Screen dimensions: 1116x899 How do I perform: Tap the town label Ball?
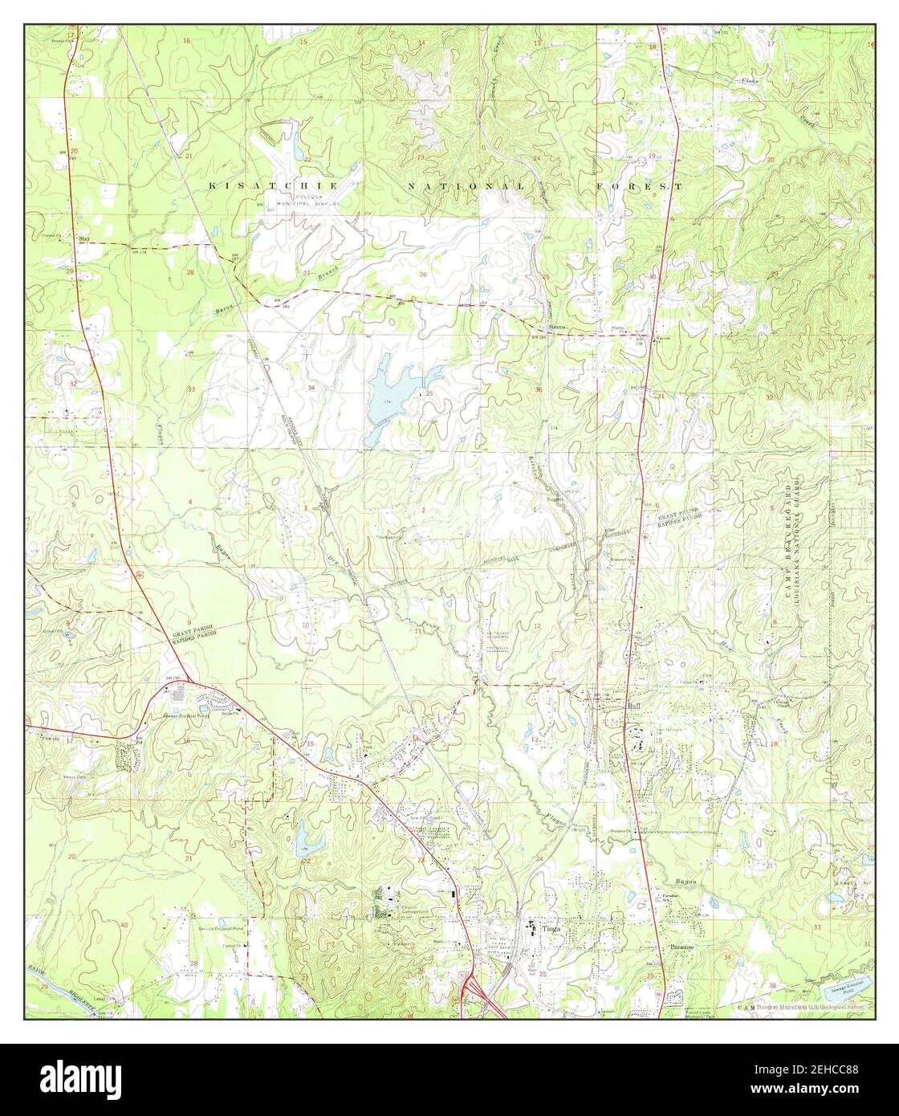(636, 705)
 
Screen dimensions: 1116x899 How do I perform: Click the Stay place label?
(83, 238)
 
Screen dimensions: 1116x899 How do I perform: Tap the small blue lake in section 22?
(309, 841)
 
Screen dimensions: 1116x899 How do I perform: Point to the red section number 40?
(123, 926)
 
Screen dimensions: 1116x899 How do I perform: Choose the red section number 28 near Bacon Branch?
(190, 273)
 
